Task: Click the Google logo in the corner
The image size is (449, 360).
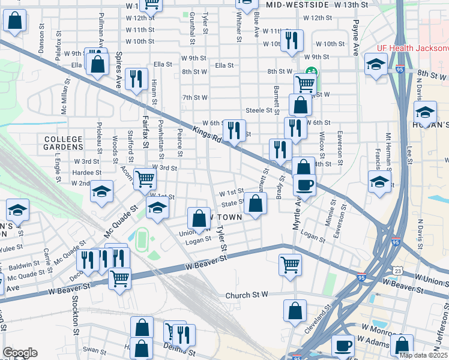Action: [x=20, y=353]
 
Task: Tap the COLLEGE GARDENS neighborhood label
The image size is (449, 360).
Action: [x=63, y=143]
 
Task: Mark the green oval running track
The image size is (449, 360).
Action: [x=141, y=239]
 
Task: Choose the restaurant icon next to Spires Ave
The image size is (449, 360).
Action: [x=138, y=78]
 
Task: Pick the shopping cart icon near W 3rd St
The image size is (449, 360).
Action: [x=145, y=178]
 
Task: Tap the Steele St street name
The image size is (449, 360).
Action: [x=259, y=110]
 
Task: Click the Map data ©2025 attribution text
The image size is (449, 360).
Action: [x=423, y=355]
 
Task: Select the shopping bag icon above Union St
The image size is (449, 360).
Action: [x=199, y=218]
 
